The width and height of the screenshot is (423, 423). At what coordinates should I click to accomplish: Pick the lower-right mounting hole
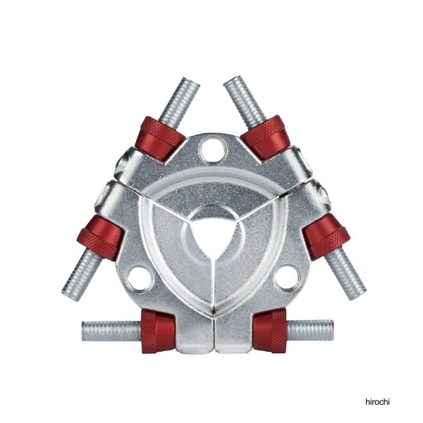pos(286,277)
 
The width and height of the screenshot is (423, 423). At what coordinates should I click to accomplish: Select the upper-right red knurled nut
pos(265,137)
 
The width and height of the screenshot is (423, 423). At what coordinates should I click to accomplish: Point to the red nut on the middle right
pos(326,237)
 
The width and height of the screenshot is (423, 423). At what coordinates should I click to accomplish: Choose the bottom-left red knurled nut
pos(157,330)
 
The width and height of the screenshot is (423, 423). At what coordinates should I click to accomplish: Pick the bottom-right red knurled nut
pos(269,329)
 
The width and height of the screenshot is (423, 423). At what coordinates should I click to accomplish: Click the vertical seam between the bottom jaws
pos(213,310)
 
